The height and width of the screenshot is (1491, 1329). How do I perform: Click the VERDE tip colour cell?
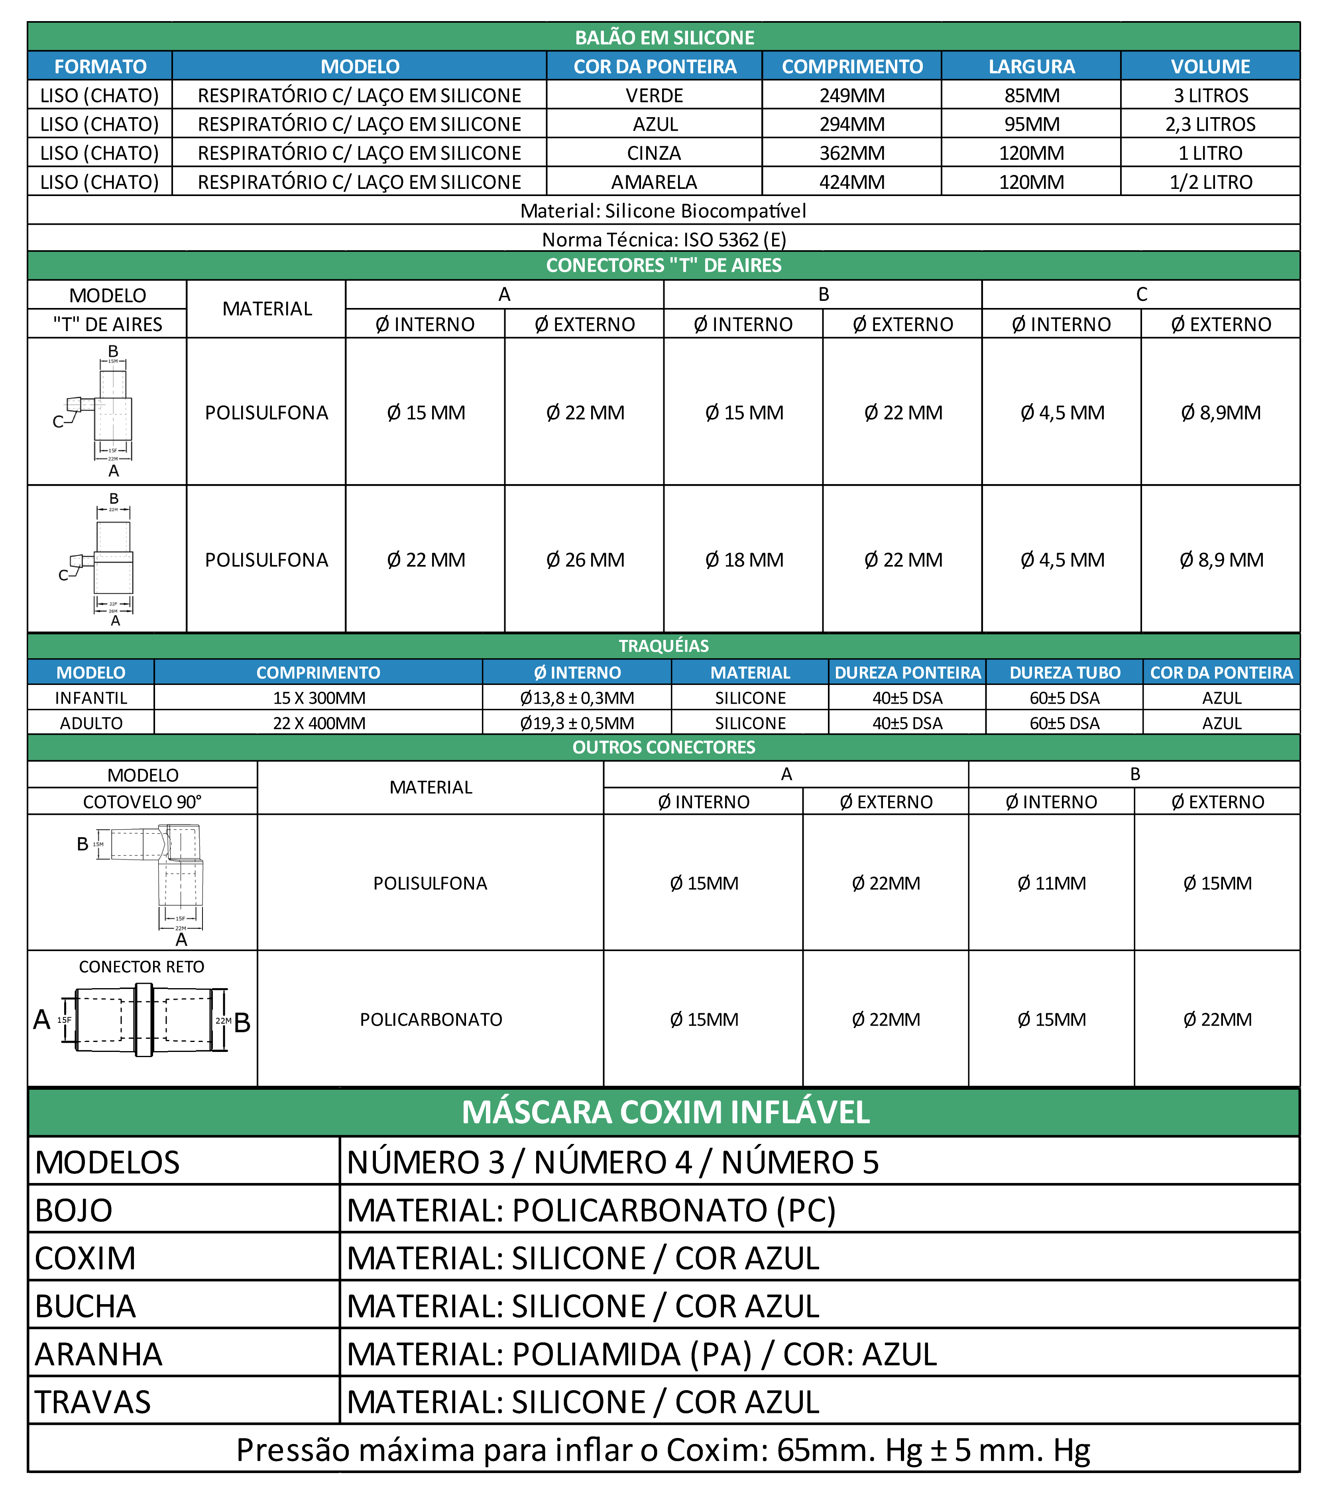(x=654, y=96)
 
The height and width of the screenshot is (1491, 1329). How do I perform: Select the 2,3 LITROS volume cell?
(x=1210, y=124)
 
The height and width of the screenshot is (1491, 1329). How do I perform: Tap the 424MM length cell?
(x=851, y=182)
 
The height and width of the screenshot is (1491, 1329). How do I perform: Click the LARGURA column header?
(x=1031, y=67)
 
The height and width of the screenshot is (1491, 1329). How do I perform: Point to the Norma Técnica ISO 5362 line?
(x=663, y=239)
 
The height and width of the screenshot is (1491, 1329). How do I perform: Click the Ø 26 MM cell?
(x=585, y=560)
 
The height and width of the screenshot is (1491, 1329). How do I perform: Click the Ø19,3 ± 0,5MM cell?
(x=577, y=723)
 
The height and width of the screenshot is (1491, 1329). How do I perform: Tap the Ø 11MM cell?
(x=1052, y=883)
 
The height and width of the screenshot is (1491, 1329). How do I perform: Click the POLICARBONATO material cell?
(x=431, y=1020)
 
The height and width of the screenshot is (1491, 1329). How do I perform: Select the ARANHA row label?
(x=98, y=1354)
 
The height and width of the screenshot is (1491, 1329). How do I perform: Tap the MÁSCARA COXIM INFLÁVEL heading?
(x=664, y=1112)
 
